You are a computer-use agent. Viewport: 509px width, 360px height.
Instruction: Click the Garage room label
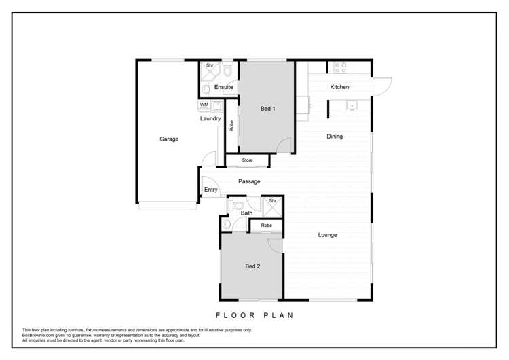click(x=169, y=139)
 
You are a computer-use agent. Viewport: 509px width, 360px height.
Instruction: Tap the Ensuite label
click(x=224, y=88)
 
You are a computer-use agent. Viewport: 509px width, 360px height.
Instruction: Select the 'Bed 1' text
click(x=268, y=109)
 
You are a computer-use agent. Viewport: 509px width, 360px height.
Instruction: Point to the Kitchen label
click(x=339, y=87)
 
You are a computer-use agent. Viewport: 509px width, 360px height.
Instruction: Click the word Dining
click(x=335, y=137)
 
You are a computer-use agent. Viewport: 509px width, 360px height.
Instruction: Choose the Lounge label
click(x=328, y=235)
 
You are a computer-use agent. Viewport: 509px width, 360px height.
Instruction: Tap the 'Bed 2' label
click(x=252, y=266)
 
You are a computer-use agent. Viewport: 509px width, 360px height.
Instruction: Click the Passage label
click(x=249, y=181)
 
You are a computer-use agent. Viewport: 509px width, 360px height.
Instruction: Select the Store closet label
click(x=248, y=160)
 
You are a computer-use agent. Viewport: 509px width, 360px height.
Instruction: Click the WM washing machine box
click(x=204, y=105)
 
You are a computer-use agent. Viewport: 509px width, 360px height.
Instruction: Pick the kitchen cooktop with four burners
click(x=339, y=68)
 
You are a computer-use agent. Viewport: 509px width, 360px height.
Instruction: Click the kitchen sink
click(x=352, y=105)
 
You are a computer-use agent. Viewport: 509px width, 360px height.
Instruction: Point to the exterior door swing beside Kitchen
click(x=381, y=86)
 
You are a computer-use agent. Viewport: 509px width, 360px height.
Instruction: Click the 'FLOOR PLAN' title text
click(x=254, y=314)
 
